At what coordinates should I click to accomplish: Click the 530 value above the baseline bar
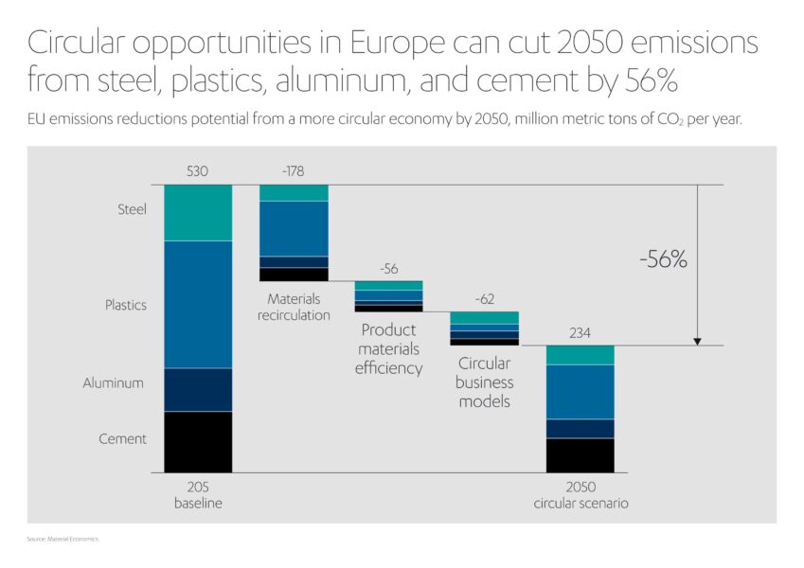point(198,172)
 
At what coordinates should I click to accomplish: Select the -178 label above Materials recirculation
point(294,172)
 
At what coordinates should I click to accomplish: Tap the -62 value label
point(484,299)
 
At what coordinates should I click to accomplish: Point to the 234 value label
point(580,332)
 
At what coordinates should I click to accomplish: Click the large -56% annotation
point(662,260)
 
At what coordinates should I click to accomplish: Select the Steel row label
point(132,209)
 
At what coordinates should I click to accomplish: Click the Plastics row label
point(126,306)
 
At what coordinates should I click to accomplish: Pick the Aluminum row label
point(114,383)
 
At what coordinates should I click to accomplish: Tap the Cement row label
point(123,439)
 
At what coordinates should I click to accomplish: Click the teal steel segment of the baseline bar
point(198,213)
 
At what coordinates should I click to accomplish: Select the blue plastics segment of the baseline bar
point(198,304)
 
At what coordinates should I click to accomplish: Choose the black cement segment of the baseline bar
point(198,441)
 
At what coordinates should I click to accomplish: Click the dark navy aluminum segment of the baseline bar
point(198,389)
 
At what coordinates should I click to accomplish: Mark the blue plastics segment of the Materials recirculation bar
point(294,228)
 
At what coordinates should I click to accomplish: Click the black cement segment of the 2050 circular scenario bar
point(580,454)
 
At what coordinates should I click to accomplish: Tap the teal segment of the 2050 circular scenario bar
point(580,355)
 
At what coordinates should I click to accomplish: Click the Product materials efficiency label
point(388,349)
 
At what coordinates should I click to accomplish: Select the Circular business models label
point(484,382)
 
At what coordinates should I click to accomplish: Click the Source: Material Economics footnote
point(63,539)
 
